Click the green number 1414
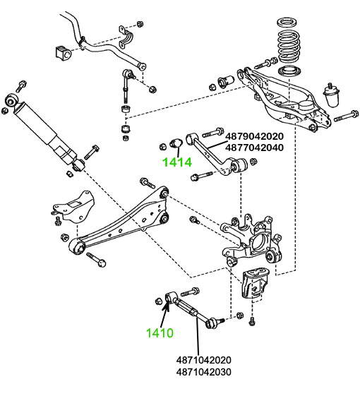click(177, 162)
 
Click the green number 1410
click(160, 333)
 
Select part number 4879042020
click(254, 136)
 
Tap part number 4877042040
click(254, 148)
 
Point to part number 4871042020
click(204, 360)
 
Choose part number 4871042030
click(204, 372)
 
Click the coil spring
click(289, 46)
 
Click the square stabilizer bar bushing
click(63, 53)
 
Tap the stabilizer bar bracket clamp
click(126, 39)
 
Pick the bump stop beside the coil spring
click(331, 95)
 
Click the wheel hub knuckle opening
click(260, 241)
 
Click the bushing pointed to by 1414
click(176, 143)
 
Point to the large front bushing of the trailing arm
click(78, 248)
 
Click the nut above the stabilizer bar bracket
click(140, 24)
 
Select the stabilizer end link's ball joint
click(128, 75)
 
